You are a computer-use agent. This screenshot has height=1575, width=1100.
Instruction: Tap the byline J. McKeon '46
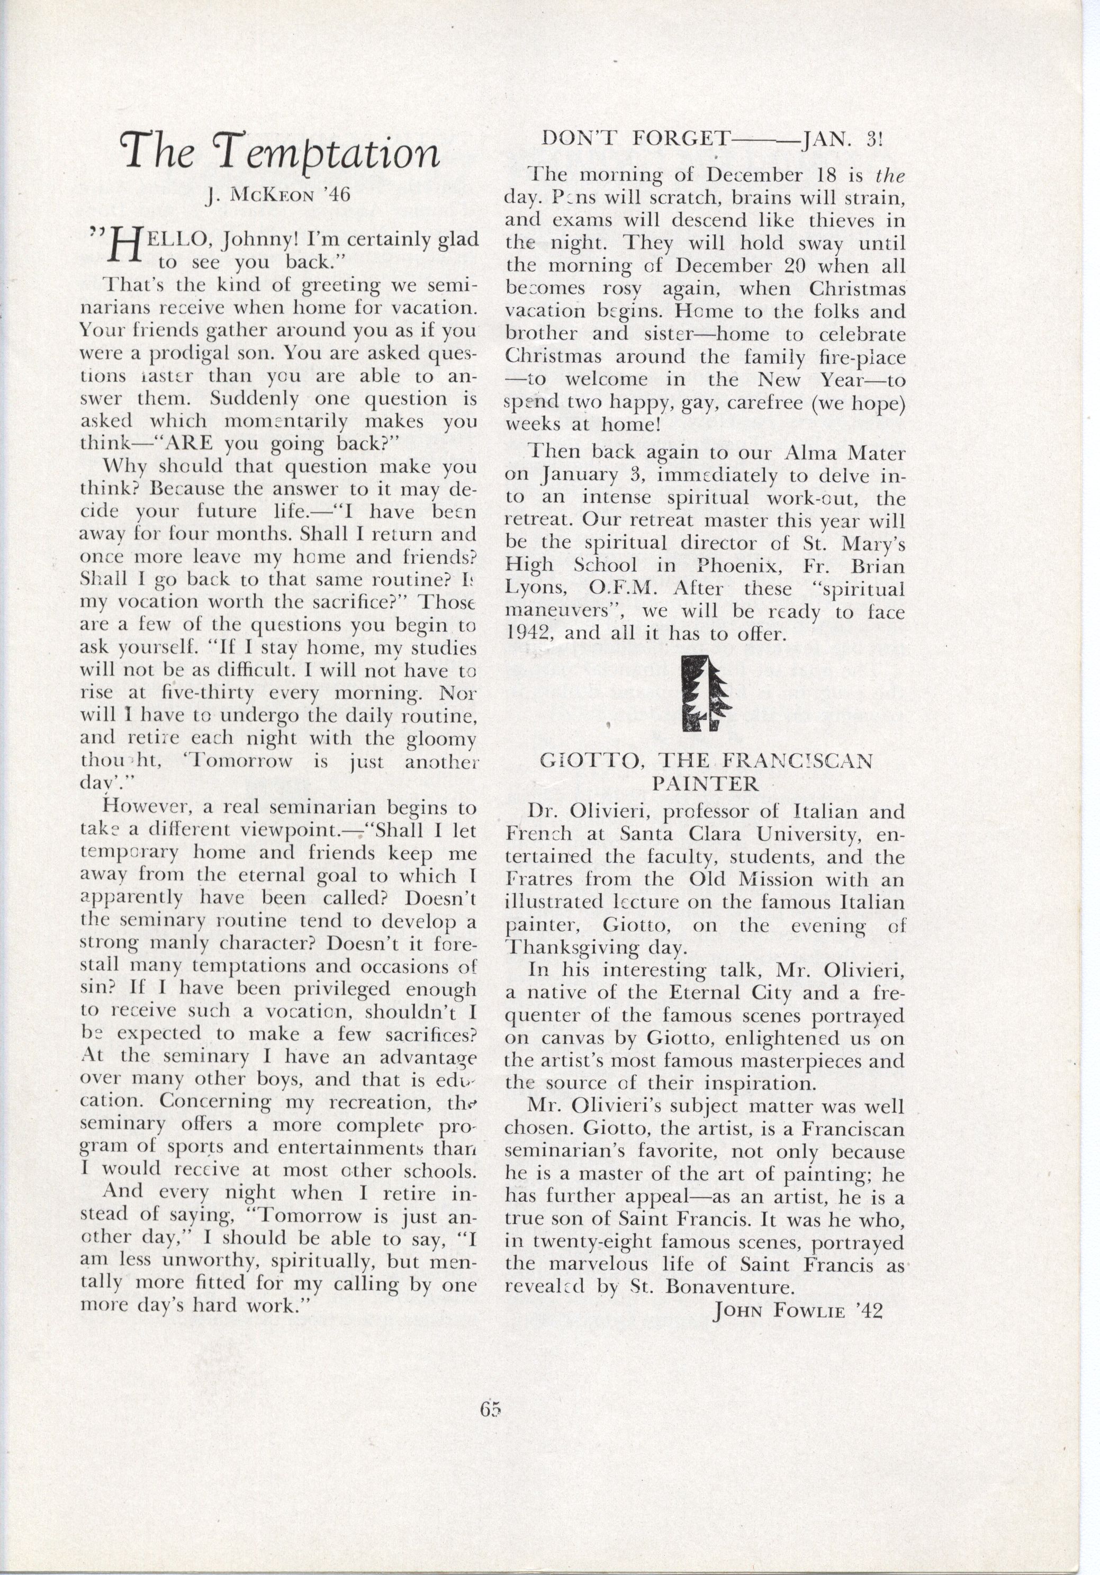278,195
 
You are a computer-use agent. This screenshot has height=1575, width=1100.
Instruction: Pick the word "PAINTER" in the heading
705,784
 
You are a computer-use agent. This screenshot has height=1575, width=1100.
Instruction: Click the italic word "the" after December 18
891,176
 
